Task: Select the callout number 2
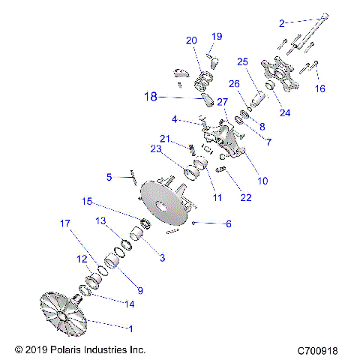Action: (x=282, y=23)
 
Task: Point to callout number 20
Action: (x=191, y=40)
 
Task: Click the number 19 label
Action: (x=217, y=36)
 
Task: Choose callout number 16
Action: (x=320, y=88)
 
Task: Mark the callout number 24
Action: (x=285, y=114)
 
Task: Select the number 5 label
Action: (x=109, y=177)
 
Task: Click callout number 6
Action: (x=229, y=223)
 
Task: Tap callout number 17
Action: (x=65, y=223)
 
